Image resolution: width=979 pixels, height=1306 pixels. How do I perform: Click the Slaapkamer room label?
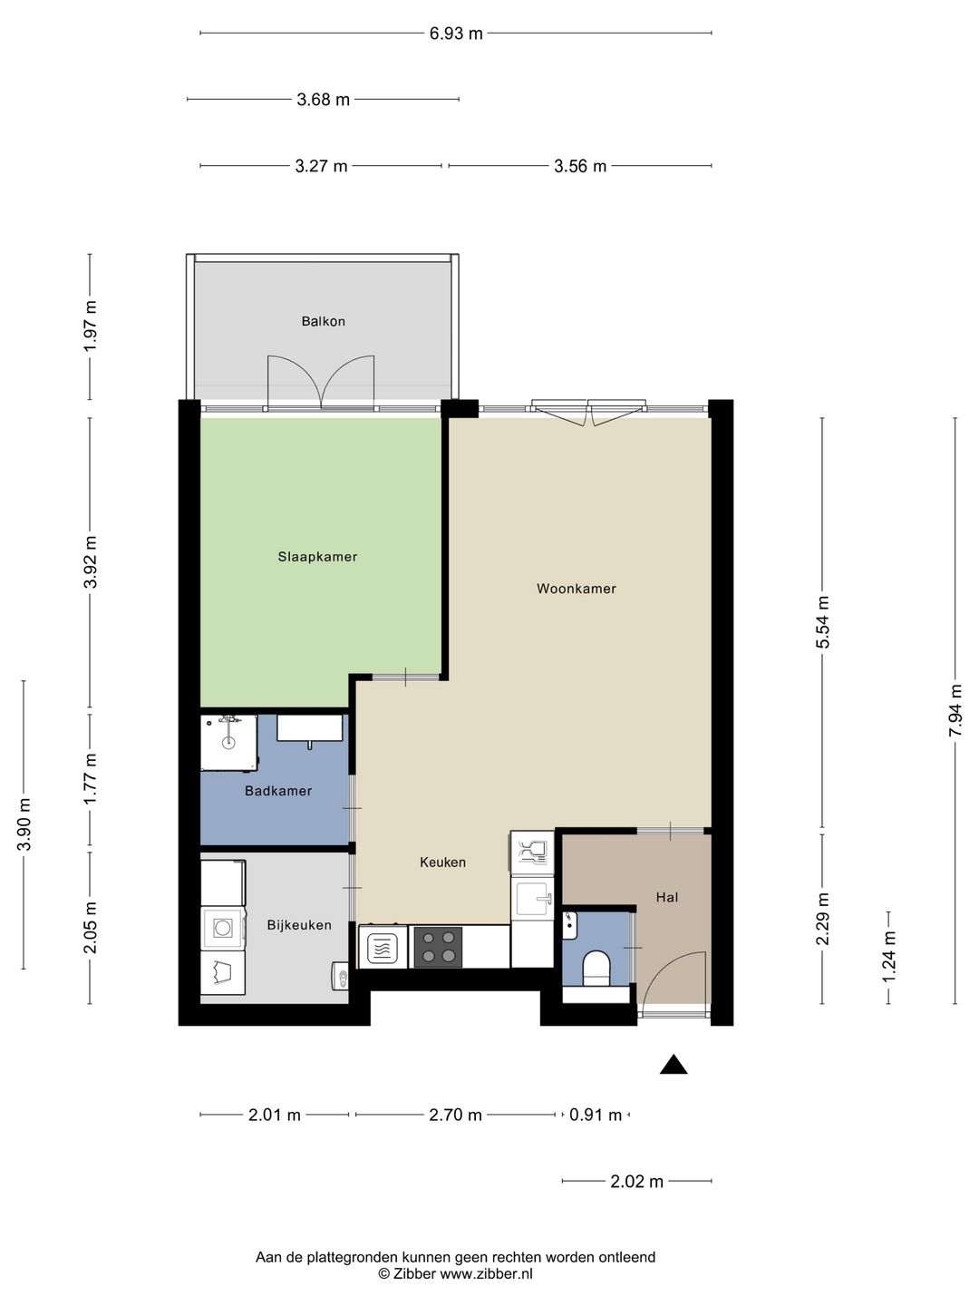pos(317,557)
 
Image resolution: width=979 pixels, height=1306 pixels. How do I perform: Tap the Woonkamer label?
pos(576,589)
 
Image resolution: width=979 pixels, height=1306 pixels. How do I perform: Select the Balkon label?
pos(324,321)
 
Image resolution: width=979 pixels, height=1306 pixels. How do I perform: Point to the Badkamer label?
pos(278,791)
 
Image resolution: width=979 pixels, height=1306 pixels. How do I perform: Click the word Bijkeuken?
pos(299,925)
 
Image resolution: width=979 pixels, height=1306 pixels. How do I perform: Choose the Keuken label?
pos(443,863)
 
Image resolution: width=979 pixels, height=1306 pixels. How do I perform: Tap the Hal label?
pos(667,897)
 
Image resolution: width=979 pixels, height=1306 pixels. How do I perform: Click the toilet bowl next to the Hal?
pos(596,968)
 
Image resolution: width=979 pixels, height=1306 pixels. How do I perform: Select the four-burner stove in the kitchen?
pos(438,948)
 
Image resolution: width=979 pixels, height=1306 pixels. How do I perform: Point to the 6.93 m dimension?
pos(456,34)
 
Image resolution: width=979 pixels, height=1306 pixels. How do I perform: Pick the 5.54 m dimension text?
pos(822,622)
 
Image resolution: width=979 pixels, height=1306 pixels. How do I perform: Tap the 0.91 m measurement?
pos(596,1115)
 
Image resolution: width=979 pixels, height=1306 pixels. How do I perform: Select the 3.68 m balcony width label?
pos(324,100)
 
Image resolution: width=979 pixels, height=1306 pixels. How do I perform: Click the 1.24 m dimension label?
pos(888,958)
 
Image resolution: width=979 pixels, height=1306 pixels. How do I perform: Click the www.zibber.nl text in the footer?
pos(486,1274)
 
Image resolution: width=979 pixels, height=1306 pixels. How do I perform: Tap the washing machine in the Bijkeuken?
pos(223,927)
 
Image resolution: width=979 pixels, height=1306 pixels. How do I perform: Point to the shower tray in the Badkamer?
pos(228,743)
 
